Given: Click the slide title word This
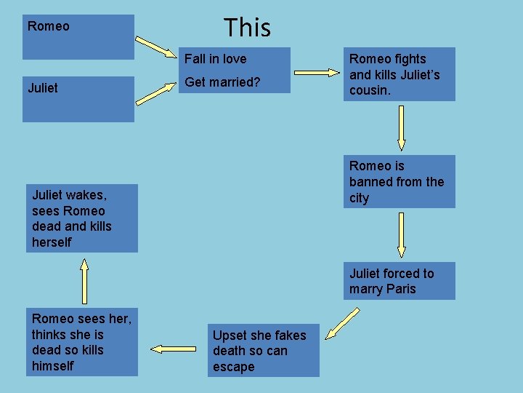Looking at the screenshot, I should coord(247,28).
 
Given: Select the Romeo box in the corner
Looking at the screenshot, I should coord(78,37).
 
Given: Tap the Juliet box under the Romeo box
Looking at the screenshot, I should coord(78,99).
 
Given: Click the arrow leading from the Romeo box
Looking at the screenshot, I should coord(161,46).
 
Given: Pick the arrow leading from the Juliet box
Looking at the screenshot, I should coord(161,92).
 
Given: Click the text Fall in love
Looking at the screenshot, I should coord(215,59).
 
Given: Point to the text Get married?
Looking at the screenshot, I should coord(222,82).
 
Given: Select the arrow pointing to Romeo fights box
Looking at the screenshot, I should coord(317,73).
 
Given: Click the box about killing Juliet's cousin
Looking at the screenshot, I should coord(399,74).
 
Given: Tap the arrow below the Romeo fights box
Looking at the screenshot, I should coord(400,127).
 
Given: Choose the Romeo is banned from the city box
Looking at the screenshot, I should coord(399,181).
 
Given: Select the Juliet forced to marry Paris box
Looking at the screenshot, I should coord(399,281).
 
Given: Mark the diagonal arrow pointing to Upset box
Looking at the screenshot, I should coord(342,323).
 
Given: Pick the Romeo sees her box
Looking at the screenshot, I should coord(82,342).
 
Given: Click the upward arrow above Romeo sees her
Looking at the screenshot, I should coord(84,279).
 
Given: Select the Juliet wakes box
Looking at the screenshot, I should coord(82,218).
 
